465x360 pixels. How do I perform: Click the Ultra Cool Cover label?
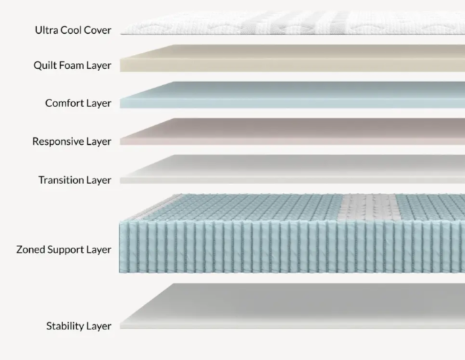pos(73,30)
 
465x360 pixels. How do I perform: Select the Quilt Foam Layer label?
pos(72,66)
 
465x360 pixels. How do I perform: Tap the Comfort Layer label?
pos(78,104)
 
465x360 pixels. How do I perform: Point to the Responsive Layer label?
pos(72,141)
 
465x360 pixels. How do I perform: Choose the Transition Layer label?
pos(74,180)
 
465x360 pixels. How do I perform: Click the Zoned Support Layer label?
pos(64,250)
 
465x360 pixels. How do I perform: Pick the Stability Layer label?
pos(79,326)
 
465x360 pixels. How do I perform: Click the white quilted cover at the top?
pos(291,23)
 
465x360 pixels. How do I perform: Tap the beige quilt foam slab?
pos(291,58)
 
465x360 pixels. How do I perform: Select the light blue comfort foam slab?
pos(291,95)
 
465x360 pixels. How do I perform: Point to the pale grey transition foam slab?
pos(291,170)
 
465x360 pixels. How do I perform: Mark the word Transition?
pos(61,180)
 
